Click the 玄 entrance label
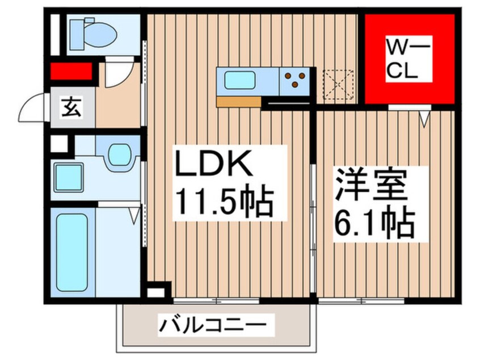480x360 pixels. [71, 106]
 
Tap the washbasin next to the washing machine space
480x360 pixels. [117, 154]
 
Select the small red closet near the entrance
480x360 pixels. [71, 72]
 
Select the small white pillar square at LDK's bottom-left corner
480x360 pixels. [153, 294]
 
